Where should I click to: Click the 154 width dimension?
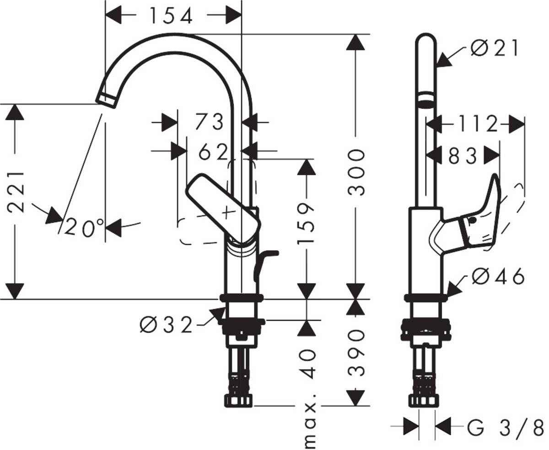pyautogui.click(x=171, y=16)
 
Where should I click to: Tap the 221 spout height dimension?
pyautogui.click(x=16, y=192)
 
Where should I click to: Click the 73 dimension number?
pyautogui.click(x=210, y=122)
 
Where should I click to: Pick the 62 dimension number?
pyautogui.click(x=213, y=153)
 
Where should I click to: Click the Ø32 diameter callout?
pyautogui.click(x=166, y=325)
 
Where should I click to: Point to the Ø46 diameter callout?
pyautogui.click(x=498, y=277)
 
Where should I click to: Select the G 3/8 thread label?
pyautogui.click(x=505, y=429)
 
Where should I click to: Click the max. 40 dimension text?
pyautogui.click(x=309, y=398)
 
